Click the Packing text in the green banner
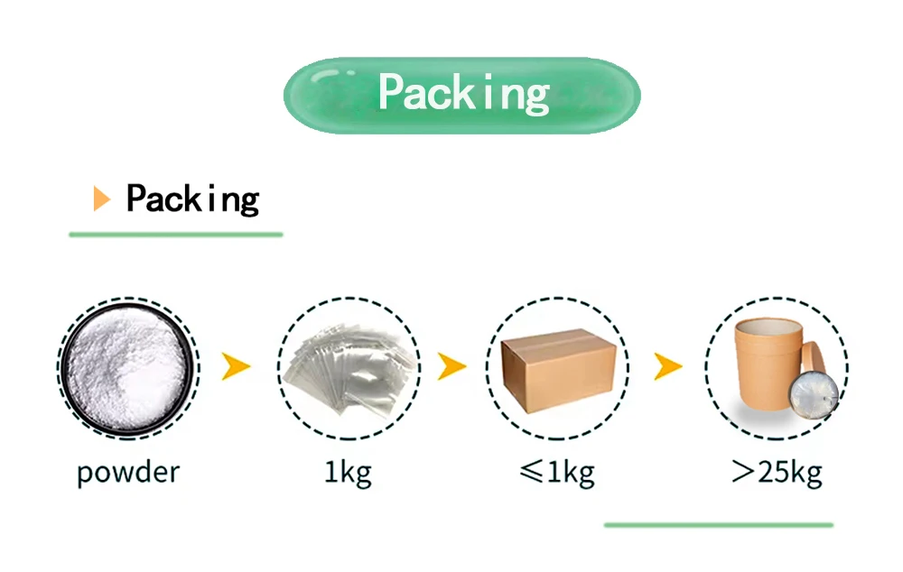tap(463, 93)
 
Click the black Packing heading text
tap(192, 198)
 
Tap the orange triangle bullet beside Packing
tap(101, 198)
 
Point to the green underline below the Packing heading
tap(176, 235)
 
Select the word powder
tap(127, 471)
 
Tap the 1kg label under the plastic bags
tap(348, 471)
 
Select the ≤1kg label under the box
tap(557, 471)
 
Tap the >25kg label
tap(777, 471)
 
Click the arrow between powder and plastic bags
tap(236, 365)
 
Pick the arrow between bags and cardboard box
tap(451, 365)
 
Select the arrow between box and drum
tap(667, 365)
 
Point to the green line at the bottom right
tap(718, 524)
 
